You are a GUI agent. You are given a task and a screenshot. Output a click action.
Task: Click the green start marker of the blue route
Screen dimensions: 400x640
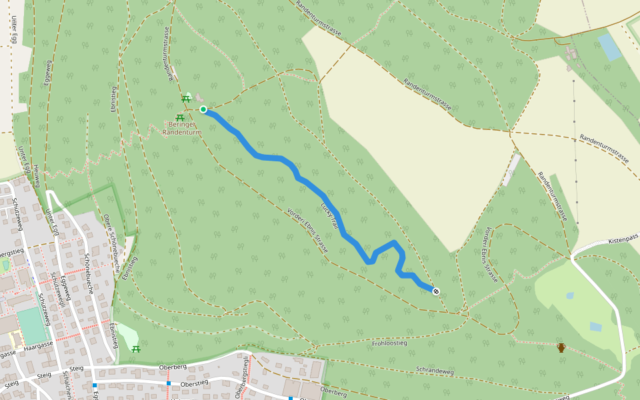pos(203,109)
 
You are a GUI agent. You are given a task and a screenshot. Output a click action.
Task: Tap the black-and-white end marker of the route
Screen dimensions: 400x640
pos(436,291)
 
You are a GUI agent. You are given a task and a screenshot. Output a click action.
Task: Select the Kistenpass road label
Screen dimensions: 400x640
pos(624,238)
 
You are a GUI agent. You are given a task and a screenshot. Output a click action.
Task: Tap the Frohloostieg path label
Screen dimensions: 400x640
pos(389,343)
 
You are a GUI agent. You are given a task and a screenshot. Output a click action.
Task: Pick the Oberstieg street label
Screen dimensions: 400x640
pos(195,383)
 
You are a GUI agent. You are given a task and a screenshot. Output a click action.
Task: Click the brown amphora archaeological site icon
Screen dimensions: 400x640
pos(561,347)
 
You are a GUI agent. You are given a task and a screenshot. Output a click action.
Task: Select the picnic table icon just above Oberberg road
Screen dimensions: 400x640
pos(136,349)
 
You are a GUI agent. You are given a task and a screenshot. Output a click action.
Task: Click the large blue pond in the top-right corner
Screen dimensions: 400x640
pos(609,47)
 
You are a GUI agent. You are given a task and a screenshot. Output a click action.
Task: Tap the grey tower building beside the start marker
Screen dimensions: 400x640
pos(199,99)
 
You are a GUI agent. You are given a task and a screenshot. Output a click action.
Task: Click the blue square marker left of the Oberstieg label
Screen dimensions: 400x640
pos(169,383)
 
